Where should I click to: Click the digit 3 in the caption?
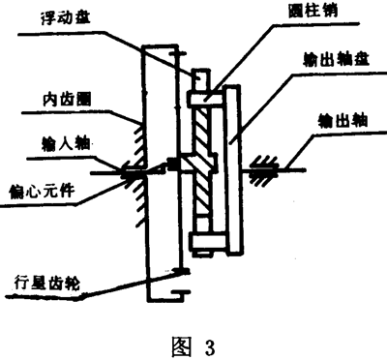pos(206,342)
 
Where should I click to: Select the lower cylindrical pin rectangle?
pos(207,240)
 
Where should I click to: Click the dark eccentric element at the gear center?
pos(178,162)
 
